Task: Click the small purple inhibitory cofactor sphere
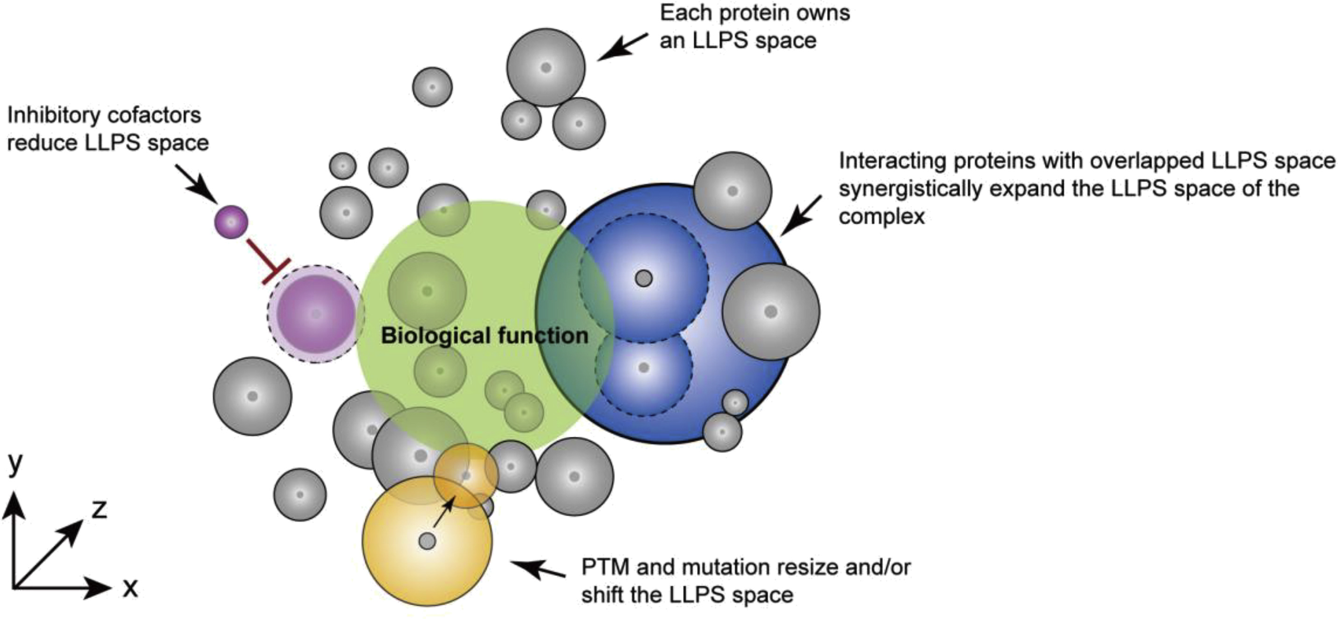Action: click(x=231, y=222)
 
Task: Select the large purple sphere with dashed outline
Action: click(x=316, y=313)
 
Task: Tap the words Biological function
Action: click(x=484, y=336)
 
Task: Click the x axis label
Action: click(x=130, y=588)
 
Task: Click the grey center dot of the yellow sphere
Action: click(x=427, y=541)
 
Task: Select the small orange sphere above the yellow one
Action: click(x=466, y=475)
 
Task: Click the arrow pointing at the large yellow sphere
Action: click(x=538, y=569)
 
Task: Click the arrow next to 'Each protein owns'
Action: click(x=622, y=46)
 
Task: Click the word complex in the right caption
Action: click(x=882, y=216)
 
